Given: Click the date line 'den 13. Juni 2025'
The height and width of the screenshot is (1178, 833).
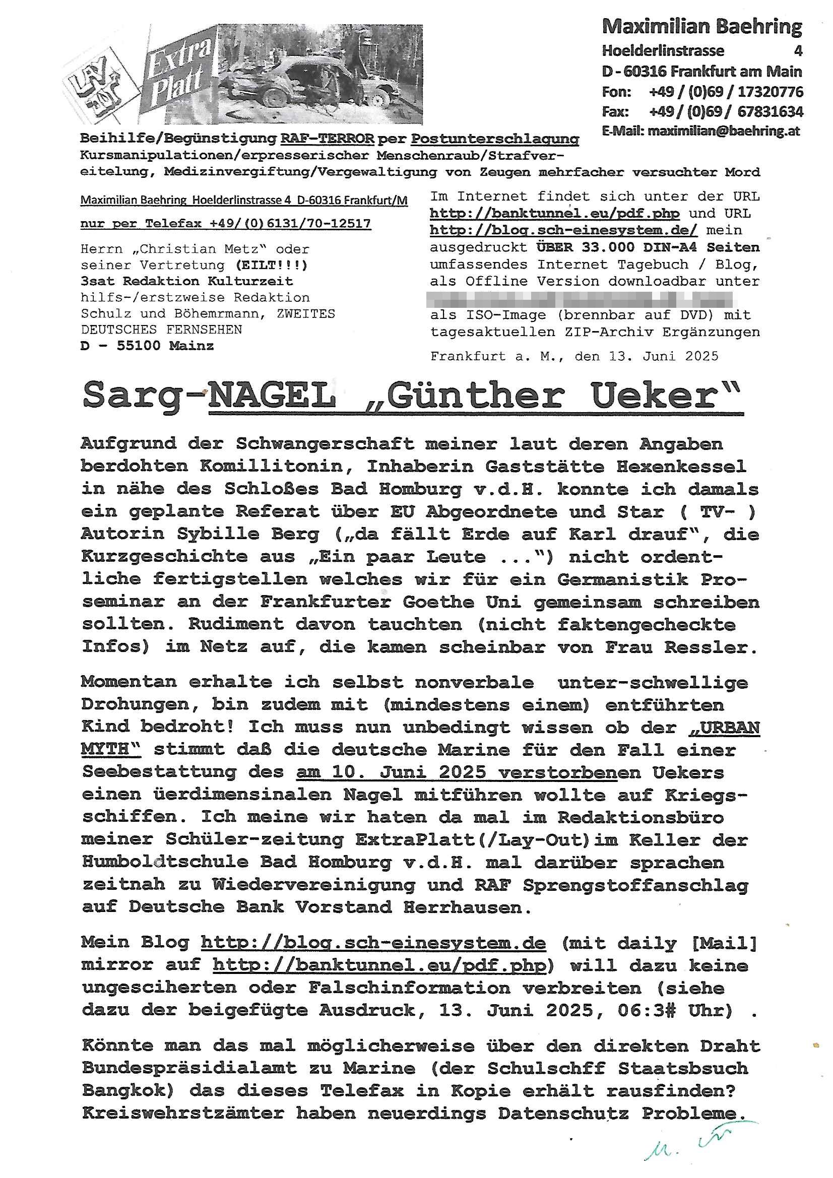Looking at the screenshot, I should coord(647,357).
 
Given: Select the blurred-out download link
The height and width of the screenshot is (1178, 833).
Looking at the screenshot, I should coord(583,299).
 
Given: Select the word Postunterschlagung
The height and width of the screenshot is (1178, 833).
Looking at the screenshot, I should coord(495,139).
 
